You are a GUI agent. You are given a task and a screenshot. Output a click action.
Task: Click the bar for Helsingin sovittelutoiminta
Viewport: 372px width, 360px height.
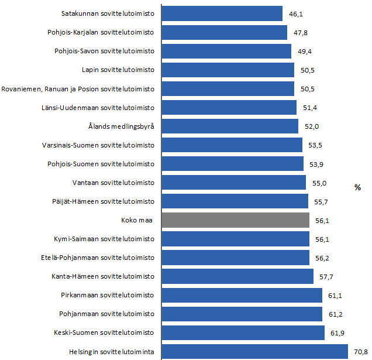(255, 352)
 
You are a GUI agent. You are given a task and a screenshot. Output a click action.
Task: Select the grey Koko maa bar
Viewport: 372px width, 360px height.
(235, 220)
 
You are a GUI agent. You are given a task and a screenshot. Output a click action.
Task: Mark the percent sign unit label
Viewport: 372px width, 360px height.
(357, 187)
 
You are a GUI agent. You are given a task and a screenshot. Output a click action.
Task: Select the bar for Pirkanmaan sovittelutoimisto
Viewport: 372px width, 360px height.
(242, 295)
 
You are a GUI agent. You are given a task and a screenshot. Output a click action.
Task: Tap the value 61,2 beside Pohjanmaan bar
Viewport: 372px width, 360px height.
(336, 314)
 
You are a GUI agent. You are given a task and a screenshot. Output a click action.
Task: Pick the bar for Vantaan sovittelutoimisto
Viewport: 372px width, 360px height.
(233, 183)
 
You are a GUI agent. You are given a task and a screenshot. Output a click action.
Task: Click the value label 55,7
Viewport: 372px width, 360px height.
(322, 202)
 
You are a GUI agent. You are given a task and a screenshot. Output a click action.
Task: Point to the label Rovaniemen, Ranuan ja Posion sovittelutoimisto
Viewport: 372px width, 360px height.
(78, 89)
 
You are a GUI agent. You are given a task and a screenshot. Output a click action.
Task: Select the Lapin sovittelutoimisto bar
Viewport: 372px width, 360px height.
(228, 70)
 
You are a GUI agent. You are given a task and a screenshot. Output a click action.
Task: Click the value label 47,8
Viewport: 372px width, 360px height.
(301, 33)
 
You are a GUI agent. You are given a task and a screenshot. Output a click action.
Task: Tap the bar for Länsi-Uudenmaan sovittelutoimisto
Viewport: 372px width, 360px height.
(229, 108)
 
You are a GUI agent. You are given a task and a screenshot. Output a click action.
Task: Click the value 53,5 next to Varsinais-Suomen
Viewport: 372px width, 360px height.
(316, 146)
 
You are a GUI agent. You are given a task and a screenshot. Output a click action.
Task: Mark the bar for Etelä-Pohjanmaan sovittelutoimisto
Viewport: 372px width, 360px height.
(235, 258)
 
